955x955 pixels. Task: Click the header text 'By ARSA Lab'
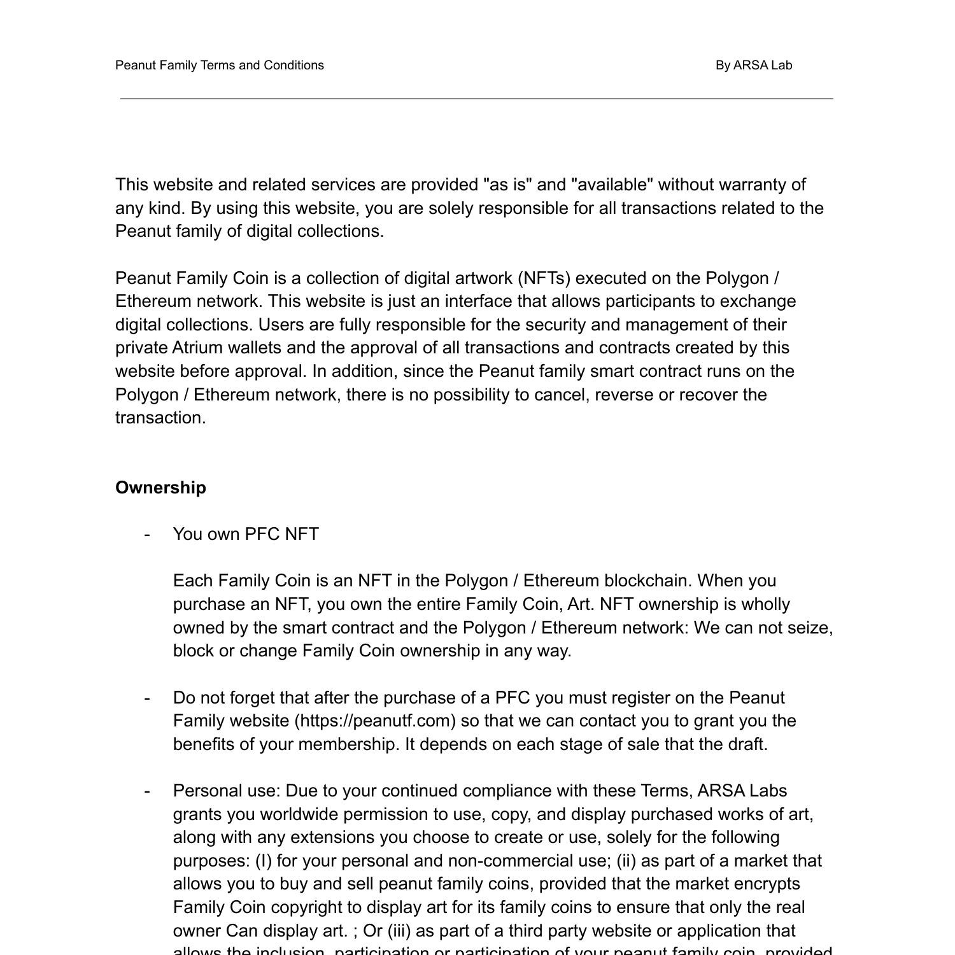(753, 65)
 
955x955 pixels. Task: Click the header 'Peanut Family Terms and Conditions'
(220, 65)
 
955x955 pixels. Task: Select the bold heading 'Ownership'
(160, 488)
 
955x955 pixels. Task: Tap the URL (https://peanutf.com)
(375, 721)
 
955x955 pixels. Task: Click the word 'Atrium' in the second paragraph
(197, 348)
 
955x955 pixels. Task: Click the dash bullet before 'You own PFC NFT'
(147, 534)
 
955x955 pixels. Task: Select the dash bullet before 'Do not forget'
(147, 698)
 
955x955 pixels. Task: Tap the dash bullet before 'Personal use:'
(147, 791)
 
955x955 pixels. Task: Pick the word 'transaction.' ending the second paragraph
(160, 418)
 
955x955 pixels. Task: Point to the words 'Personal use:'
(227, 791)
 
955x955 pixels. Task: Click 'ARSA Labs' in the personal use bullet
(742, 791)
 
